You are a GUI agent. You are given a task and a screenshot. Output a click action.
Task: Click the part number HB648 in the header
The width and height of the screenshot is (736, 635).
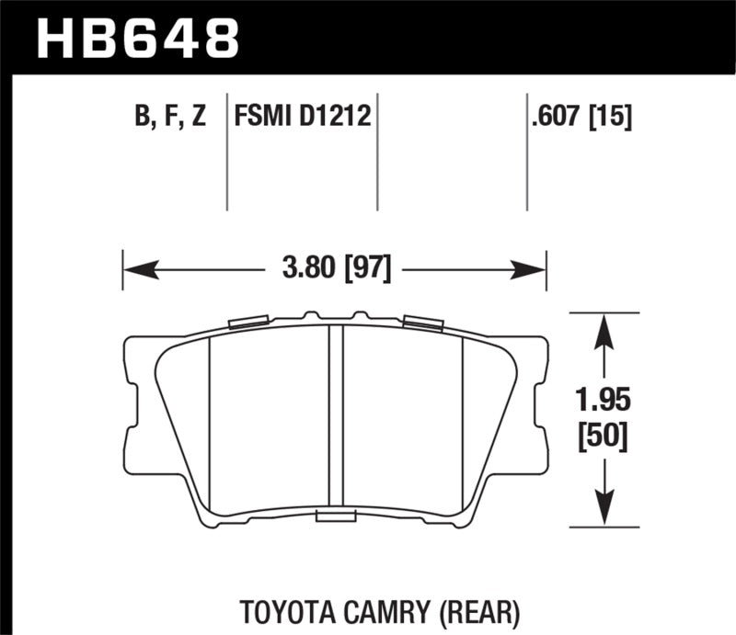[x=137, y=39]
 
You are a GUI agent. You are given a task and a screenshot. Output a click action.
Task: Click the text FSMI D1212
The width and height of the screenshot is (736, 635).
[x=303, y=117]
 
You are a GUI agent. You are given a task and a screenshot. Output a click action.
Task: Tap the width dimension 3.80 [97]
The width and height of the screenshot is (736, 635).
[x=335, y=270]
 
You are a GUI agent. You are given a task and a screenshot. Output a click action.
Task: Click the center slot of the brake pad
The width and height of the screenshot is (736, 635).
[x=336, y=418]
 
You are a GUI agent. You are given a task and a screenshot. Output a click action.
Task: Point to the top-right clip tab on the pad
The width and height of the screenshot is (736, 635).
[x=422, y=322]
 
